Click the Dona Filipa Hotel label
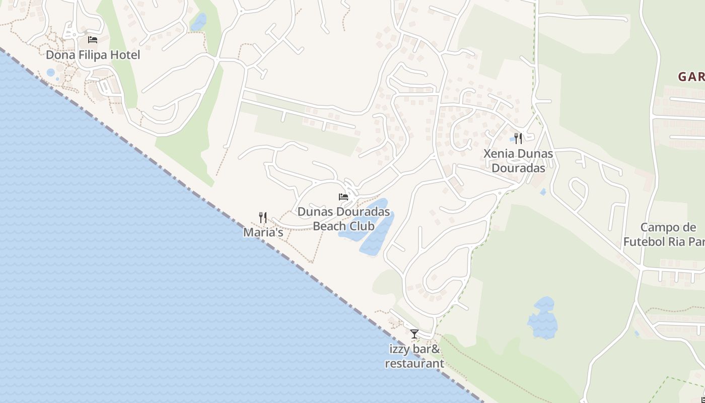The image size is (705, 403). [93, 55]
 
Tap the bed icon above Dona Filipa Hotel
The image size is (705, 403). [92, 39]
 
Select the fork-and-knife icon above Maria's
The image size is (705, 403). [263, 218]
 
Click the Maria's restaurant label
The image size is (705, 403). [263, 233]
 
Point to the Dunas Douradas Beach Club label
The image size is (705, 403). [343, 219]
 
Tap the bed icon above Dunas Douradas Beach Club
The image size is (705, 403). [343, 196]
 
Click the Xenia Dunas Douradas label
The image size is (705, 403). [518, 161]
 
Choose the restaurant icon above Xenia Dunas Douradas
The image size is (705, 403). [518, 139]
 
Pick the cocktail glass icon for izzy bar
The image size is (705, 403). [414, 334]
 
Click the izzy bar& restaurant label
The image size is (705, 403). [414, 356]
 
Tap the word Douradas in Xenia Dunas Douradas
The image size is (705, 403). [518, 168]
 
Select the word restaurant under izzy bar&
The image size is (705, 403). [414, 363]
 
